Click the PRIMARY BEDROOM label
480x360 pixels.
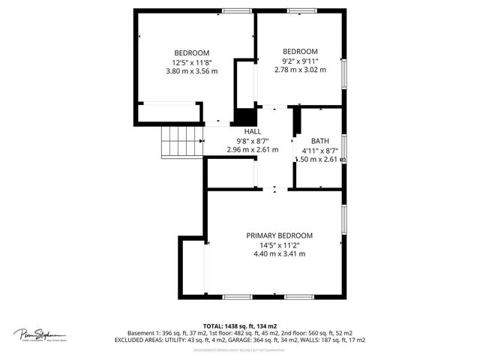tap(280, 235)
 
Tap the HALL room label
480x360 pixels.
tap(252, 131)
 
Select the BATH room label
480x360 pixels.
tap(320, 140)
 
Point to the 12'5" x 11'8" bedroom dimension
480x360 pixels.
tap(191, 62)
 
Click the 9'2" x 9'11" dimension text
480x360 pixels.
tap(300, 61)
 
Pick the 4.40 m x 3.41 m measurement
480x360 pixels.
tap(280, 253)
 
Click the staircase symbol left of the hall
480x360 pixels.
tap(182, 140)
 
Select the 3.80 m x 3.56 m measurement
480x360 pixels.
tap(191, 71)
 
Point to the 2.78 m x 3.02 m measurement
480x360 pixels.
tap(300, 70)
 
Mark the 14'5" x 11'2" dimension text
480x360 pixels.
tap(280, 244)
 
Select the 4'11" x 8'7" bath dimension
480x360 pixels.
tap(320, 150)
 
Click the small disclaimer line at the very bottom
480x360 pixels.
tap(239, 349)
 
